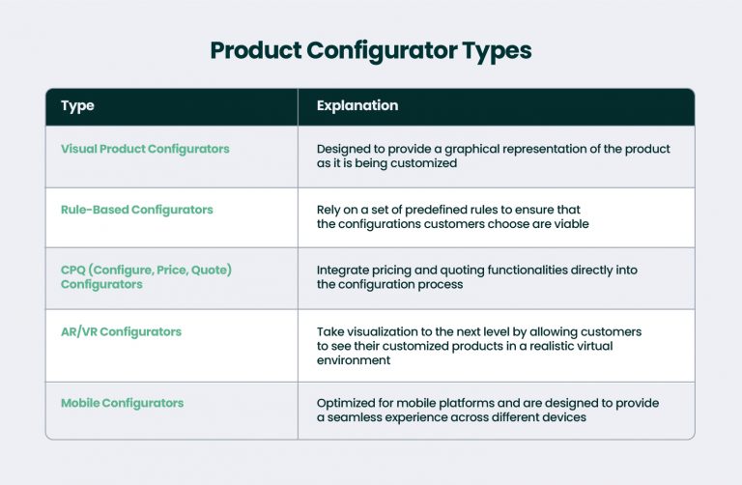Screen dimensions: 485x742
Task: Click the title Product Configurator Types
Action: pyautogui.click(x=371, y=50)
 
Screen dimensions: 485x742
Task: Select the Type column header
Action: pyautogui.click(x=77, y=105)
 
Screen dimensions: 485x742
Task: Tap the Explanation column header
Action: pyautogui.click(x=357, y=105)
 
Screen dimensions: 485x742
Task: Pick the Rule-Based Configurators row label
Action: pyautogui.click(x=136, y=210)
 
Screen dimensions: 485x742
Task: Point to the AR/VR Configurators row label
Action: pyautogui.click(x=121, y=331)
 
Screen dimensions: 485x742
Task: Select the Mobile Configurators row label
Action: pyautogui.click(x=122, y=402)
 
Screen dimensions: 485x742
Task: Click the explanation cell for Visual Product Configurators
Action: pyautogui.click(x=493, y=157)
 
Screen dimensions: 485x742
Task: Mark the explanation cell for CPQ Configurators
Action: pyautogui.click(x=477, y=277)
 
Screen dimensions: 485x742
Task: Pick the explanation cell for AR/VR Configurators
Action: pyautogui.click(x=479, y=345)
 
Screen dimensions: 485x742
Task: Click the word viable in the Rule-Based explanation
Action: pyautogui.click(x=568, y=224)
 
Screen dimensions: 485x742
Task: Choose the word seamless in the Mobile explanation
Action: pyautogui.click(x=356, y=417)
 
